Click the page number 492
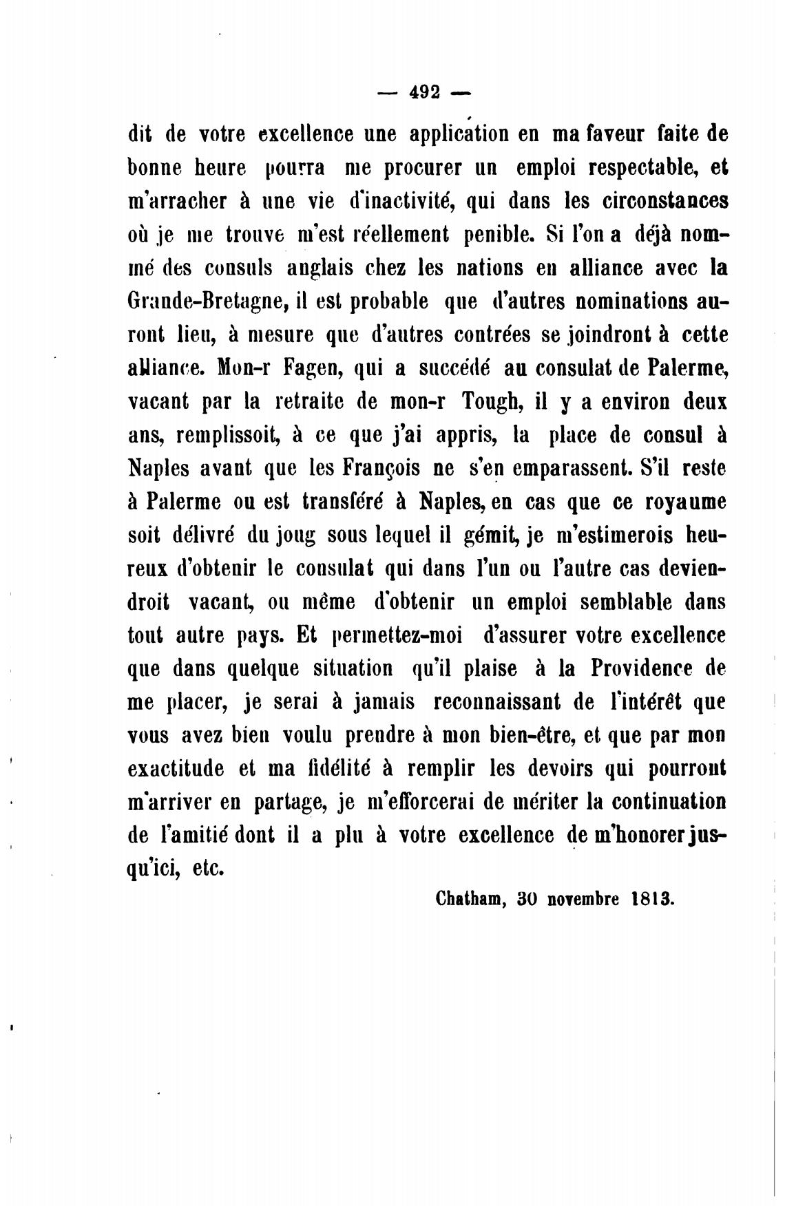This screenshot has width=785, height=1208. coord(425,92)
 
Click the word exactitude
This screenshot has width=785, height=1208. coord(176,768)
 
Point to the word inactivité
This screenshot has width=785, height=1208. coord(399,201)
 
